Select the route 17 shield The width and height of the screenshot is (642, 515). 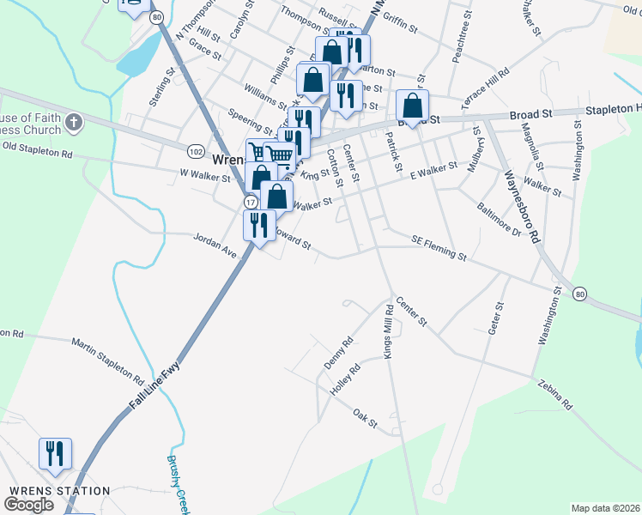tap(250, 201)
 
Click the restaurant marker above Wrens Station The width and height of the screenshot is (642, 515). tap(55, 455)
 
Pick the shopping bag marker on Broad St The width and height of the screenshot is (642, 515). tap(413, 107)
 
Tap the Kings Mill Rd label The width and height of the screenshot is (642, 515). tap(388, 333)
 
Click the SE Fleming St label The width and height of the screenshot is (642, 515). tap(439, 248)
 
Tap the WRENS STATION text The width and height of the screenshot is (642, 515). tap(59, 491)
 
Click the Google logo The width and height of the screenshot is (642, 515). tap(29, 505)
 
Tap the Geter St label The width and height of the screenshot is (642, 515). tap(495, 318)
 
